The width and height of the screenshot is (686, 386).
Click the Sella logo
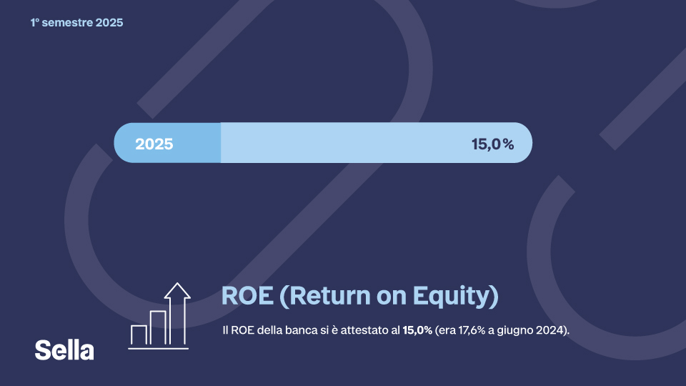click(64, 350)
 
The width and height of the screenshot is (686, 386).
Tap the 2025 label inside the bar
click(154, 144)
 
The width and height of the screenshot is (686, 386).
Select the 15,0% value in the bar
click(492, 144)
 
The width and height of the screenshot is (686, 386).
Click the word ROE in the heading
click(246, 296)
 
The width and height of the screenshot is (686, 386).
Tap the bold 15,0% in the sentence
click(417, 331)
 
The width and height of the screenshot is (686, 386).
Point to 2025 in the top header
click(109, 23)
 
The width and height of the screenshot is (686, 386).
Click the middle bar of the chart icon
click(158, 328)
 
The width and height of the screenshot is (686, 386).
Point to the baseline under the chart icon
click(159, 348)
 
